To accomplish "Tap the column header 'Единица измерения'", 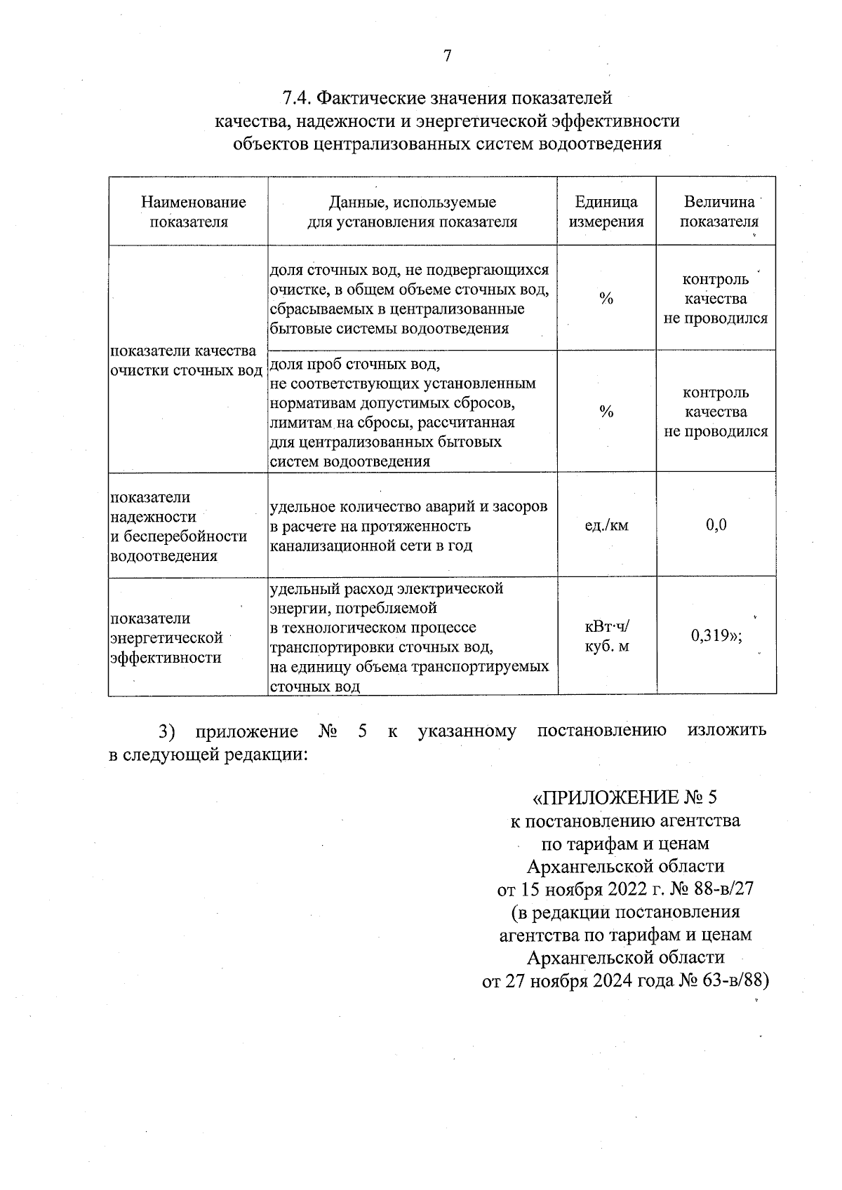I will [x=606, y=212].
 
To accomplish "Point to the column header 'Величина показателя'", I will [x=719, y=212].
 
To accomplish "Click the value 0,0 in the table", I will [x=716, y=525].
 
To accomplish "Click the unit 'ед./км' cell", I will [x=606, y=525].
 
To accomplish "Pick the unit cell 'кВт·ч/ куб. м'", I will [x=606, y=636].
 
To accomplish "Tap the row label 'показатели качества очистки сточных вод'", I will [x=185, y=360].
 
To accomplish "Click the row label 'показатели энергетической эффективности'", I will [x=167, y=637].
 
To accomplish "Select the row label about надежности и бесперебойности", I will [x=179, y=526].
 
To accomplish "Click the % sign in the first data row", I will [x=606, y=299].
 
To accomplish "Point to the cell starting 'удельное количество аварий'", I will [x=408, y=526].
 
